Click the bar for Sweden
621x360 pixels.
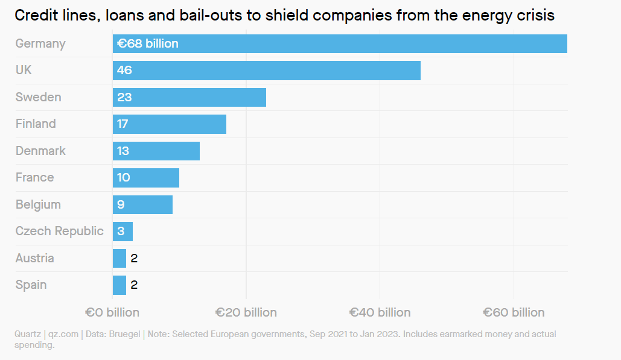pyautogui.click(x=189, y=97)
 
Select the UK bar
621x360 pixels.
pyautogui.click(x=266, y=71)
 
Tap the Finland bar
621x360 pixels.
pyautogui.click(x=169, y=124)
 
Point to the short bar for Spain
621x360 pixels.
pyautogui.click(x=119, y=285)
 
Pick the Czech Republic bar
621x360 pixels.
pyautogui.click(x=123, y=232)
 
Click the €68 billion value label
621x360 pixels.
pyautogui.click(x=147, y=44)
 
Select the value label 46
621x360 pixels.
pyautogui.click(x=124, y=71)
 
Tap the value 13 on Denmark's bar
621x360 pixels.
pyautogui.click(x=123, y=151)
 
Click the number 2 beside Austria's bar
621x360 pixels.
pyautogui.click(x=134, y=258)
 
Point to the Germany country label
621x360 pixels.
pyautogui.click(x=40, y=44)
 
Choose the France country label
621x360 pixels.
pyautogui.click(x=34, y=177)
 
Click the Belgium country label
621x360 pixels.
pyautogui.click(x=38, y=204)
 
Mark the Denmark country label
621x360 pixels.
pyautogui.click(x=40, y=151)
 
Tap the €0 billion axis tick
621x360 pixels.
pyautogui.click(x=112, y=312)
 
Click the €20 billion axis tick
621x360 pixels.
pyautogui.click(x=246, y=312)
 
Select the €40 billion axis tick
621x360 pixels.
pyautogui.click(x=380, y=312)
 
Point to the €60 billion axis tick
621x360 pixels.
pyautogui.click(x=514, y=312)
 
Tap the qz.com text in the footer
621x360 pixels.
pyautogui.click(x=63, y=334)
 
